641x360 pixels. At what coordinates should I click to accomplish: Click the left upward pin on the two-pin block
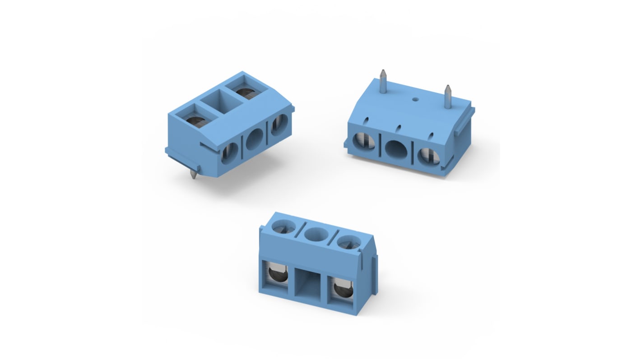pyautogui.click(x=383, y=81)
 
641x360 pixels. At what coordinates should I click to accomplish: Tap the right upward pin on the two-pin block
pyautogui.click(x=448, y=96)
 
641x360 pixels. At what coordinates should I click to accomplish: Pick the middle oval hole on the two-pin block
pyautogui.click(x=396, y=148)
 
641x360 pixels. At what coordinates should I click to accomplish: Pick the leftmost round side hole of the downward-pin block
pyautogui.click(x=230, y=152)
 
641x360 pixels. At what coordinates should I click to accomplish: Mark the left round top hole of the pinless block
pyautogui.click(x=284, y=227)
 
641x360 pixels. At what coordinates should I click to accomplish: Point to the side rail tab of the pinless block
pyautogui.click(x=374, y=275)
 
